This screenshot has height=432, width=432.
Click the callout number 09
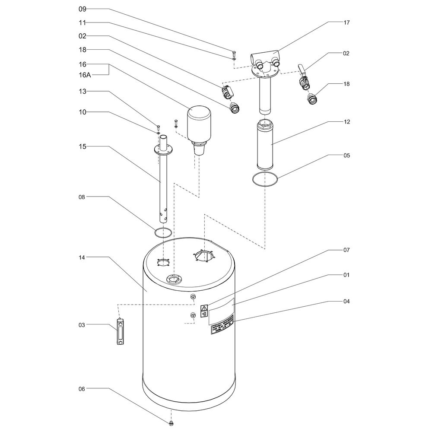(x=83, y=9)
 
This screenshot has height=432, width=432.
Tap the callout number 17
(x=346, y=22)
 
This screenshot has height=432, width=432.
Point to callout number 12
(x=346, y=122)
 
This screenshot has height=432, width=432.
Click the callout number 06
(x=83, y=389)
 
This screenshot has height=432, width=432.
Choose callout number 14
(x=83, y=257)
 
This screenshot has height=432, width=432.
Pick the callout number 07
(x=346, y=250)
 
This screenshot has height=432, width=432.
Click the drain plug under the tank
(x=172, y=421)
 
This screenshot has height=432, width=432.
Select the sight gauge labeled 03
(x=120, y=331)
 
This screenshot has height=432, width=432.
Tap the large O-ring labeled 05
(x=264, y=179)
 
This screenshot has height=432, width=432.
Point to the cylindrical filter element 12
(x=264, y=145)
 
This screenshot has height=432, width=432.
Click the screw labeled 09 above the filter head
(x=234, y=54)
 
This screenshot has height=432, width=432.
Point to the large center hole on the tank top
(x=204, y=255)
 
